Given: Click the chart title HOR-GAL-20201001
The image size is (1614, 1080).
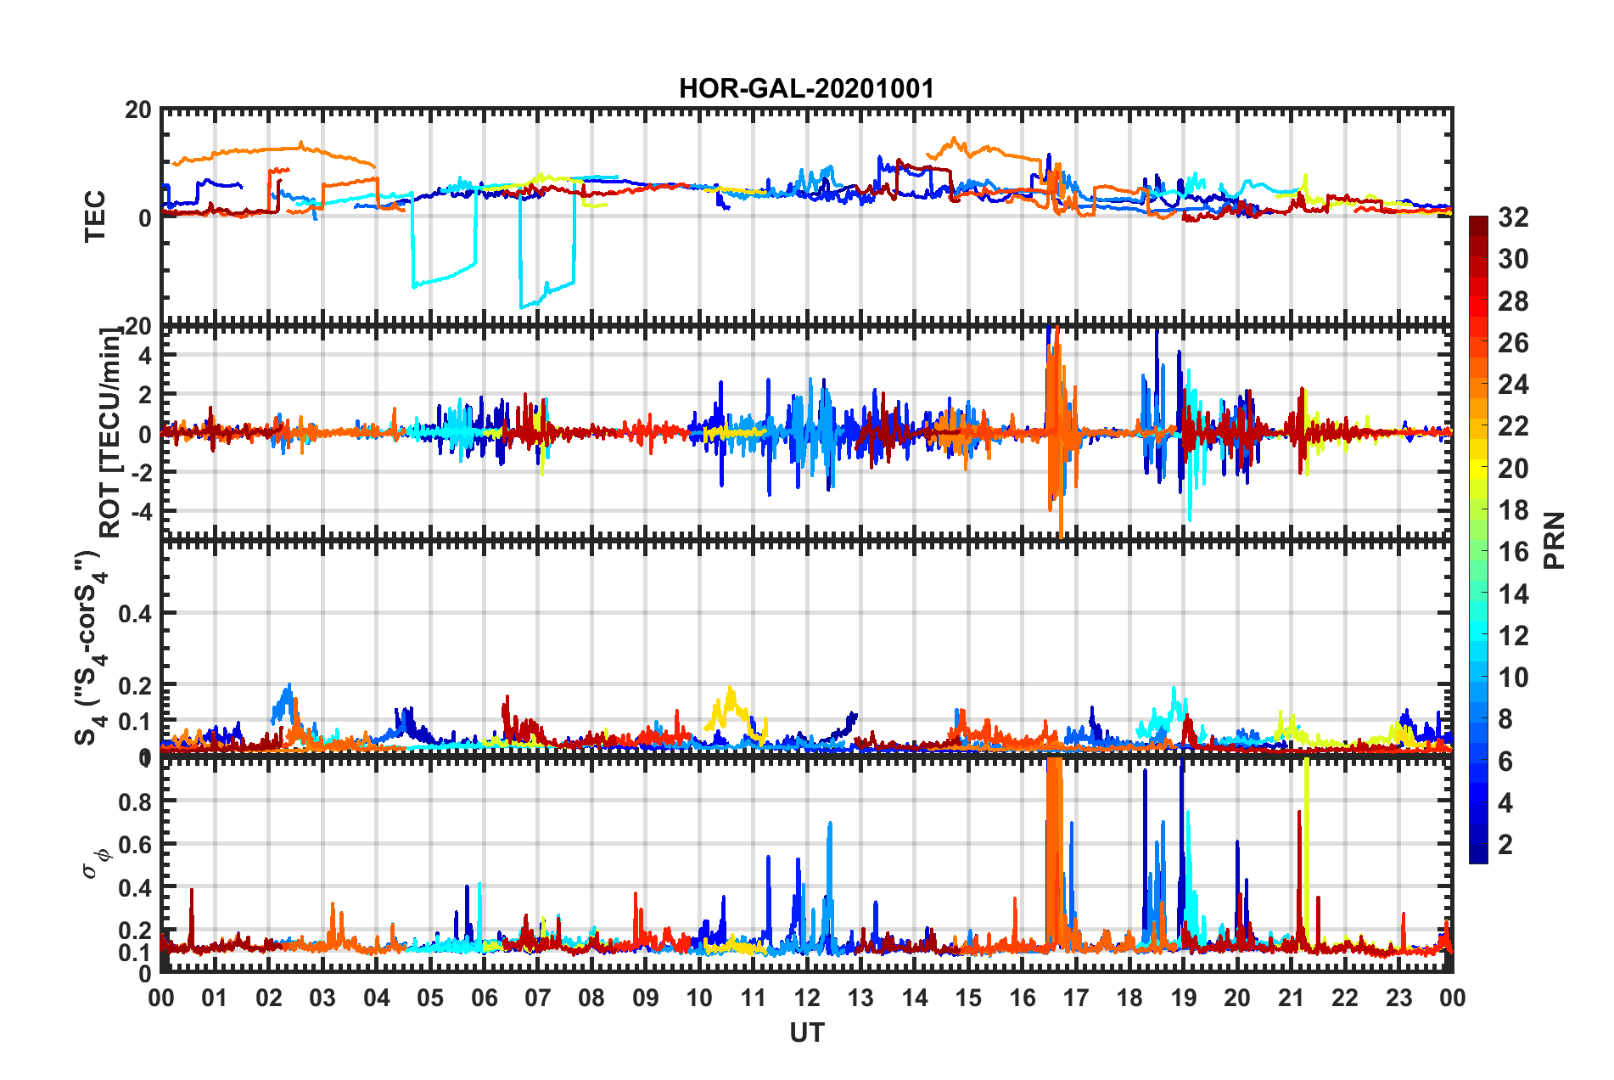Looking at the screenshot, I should click(x=806, y=88).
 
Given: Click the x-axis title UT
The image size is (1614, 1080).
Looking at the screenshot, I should click(x=806, y=1032).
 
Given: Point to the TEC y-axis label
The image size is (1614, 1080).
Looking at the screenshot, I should click(x=95, y=217).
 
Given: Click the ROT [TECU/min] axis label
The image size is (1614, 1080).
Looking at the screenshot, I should click(x=110, y=432).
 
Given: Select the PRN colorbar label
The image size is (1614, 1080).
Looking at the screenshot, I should click(x=1554, y=541).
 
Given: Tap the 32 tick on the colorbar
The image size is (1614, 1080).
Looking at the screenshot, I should click(x=1512, y=218).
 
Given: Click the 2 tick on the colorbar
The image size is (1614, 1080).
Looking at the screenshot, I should click(x=1505, y=844).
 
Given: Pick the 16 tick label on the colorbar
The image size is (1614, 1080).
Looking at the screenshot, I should click(x=1512, y=552).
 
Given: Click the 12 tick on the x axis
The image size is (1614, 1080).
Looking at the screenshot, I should click(x=806, y=998).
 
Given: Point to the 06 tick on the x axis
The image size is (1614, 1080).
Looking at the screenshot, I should click(x=484, y=998).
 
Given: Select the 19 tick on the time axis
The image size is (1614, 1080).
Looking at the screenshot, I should click(x=1183, y=998).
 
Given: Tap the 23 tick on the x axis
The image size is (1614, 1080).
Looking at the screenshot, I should click(x=1398, y=998).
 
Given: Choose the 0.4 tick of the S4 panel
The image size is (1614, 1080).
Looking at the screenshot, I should click(x=135, y=613).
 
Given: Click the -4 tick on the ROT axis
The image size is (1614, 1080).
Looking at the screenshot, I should click(x=143, y=511).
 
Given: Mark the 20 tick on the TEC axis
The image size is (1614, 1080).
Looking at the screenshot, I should click(x=138, y=110).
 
